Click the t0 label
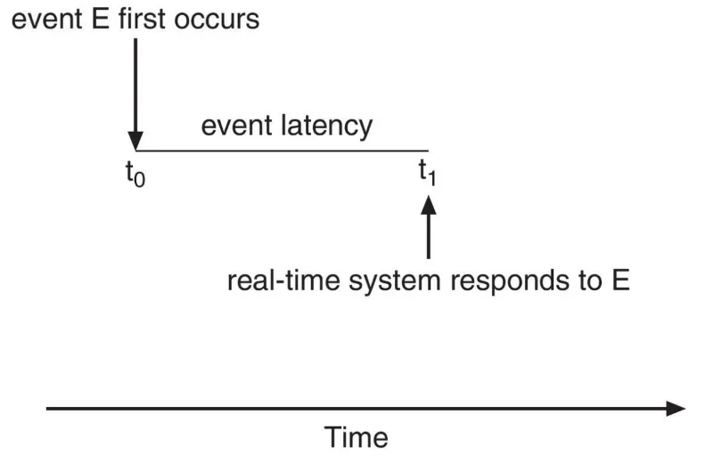click(x=135, y=174)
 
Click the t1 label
click(x=427, y=172)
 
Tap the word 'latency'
click(x=326, y=126)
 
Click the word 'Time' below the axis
click(x=356, y=437)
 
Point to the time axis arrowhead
click(x=676, y=409)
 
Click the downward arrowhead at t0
click(x=135, y=141)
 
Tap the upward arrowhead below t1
click(x=428, y=204)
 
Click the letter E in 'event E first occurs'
click(x=100, y=20)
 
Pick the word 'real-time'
click(x=283, y=280)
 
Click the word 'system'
click(x=394, y=282)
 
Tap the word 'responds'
click(x=510, y=282)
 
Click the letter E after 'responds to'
click(x=620, y=280)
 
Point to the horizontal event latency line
click(x=282, y=150)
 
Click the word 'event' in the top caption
click(x=46, y=20)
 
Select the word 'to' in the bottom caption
click(x=591, y=281)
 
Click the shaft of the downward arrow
click(x=135, y=85)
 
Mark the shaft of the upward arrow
click(x=428, y=236)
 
